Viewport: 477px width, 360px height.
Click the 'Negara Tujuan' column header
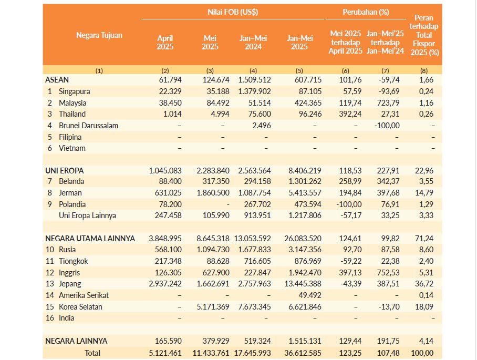pyautogui.click(x=99, y=35)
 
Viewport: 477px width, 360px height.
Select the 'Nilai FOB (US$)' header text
pyautogui.click(x=233, y=12)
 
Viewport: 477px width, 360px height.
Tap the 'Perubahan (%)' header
pyautogui.click(x=366, y=12)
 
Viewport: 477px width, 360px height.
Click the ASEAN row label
pyautogui.click(x=57, y=80)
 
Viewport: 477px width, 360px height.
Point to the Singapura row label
pyautogui.click(x=74, y=91)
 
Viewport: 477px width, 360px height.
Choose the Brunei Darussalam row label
pyautogui.click(x=88, y=126)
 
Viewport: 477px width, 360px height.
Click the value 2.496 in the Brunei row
pyautogui.click(x=261, y=126)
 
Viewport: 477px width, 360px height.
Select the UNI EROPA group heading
pyautogui.click(x=64, y=170)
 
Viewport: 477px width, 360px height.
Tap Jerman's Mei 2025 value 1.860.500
pyautogui.click(x=213, y=193)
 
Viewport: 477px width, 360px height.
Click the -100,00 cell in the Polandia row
pyautogui.click(x=349, y=204)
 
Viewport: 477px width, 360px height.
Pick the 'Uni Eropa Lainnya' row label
pyautogui.click(x=87, y=215)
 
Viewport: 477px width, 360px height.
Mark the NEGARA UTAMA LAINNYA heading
pyautogui.click(x=90, y=238)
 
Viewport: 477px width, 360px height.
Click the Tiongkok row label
pyautogui.click(x=74, y=261)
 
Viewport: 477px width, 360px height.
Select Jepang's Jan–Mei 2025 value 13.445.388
pyautogui.click(x=303, y=284)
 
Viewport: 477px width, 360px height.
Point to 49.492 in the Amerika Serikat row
pyautogui.click(x=310, y=295)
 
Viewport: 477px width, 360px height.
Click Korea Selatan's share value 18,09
pyautogui.click(x=424, y=306)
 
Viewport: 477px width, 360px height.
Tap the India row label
pyautogui.click(x=66, y=318)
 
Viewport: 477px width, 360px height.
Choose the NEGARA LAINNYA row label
pyautogui.click(x=76, y=341)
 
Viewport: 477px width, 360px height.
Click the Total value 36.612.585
pyautogui.click(x=303, y=353)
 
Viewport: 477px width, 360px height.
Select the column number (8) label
pyautogui.click(x=424, y=70)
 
